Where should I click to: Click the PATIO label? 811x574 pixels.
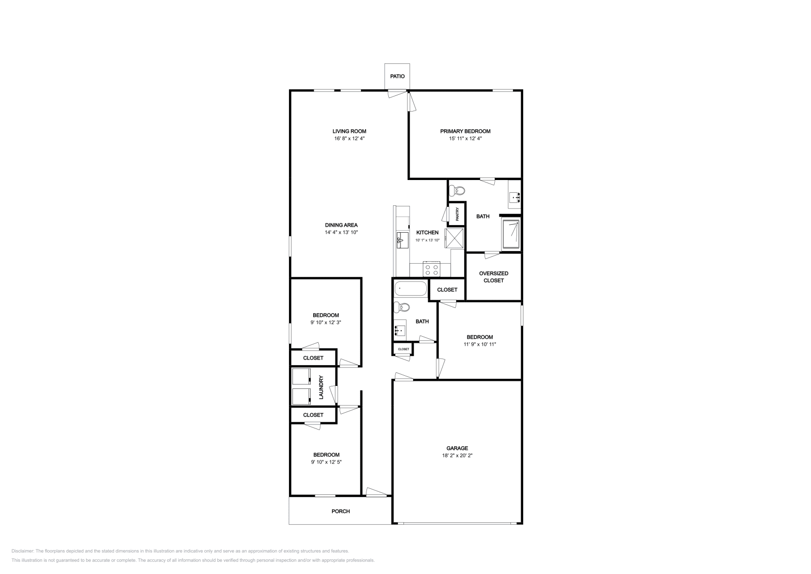pos(397,76)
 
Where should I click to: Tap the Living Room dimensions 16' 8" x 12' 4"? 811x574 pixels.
pos(349,138)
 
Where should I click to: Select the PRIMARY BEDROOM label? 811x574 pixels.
pos(465,131)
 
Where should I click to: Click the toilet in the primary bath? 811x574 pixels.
pos(458,191)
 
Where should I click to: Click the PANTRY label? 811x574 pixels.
pos(457,214)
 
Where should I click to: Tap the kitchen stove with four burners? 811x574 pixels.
pos(432,269)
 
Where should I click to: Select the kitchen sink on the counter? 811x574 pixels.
pos(402,239)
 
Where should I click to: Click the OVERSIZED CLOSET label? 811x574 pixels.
pos(494,277)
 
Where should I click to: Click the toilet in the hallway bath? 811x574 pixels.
pos(403,307)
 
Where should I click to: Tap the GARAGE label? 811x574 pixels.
pos(457,448)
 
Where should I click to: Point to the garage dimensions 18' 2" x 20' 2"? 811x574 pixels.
pos(457,455)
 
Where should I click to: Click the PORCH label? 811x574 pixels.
pos(341,511)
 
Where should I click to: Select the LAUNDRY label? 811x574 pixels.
pos(321,387)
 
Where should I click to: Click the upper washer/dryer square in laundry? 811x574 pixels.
pos(301,377)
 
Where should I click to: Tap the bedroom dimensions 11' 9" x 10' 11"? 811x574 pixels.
pos(480,344)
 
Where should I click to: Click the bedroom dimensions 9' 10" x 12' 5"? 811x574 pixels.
pos(326,462)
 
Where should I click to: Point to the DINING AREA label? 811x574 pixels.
pos(341,225)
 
